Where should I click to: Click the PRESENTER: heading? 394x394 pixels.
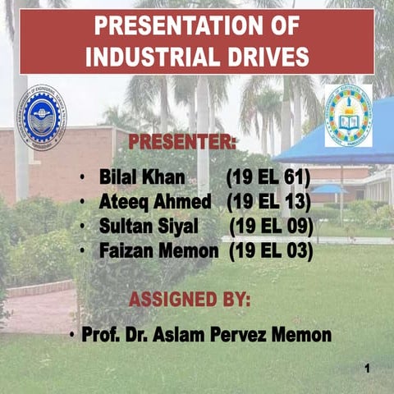pyautogui.click(x=182, y=142)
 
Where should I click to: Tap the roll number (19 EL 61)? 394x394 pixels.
pyautogui.click(x=267, y=177)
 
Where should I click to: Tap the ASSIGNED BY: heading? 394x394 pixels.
pyautogui.click(x=190, y=298)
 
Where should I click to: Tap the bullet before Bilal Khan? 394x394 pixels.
pyautogui.click(x=83, y=177)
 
